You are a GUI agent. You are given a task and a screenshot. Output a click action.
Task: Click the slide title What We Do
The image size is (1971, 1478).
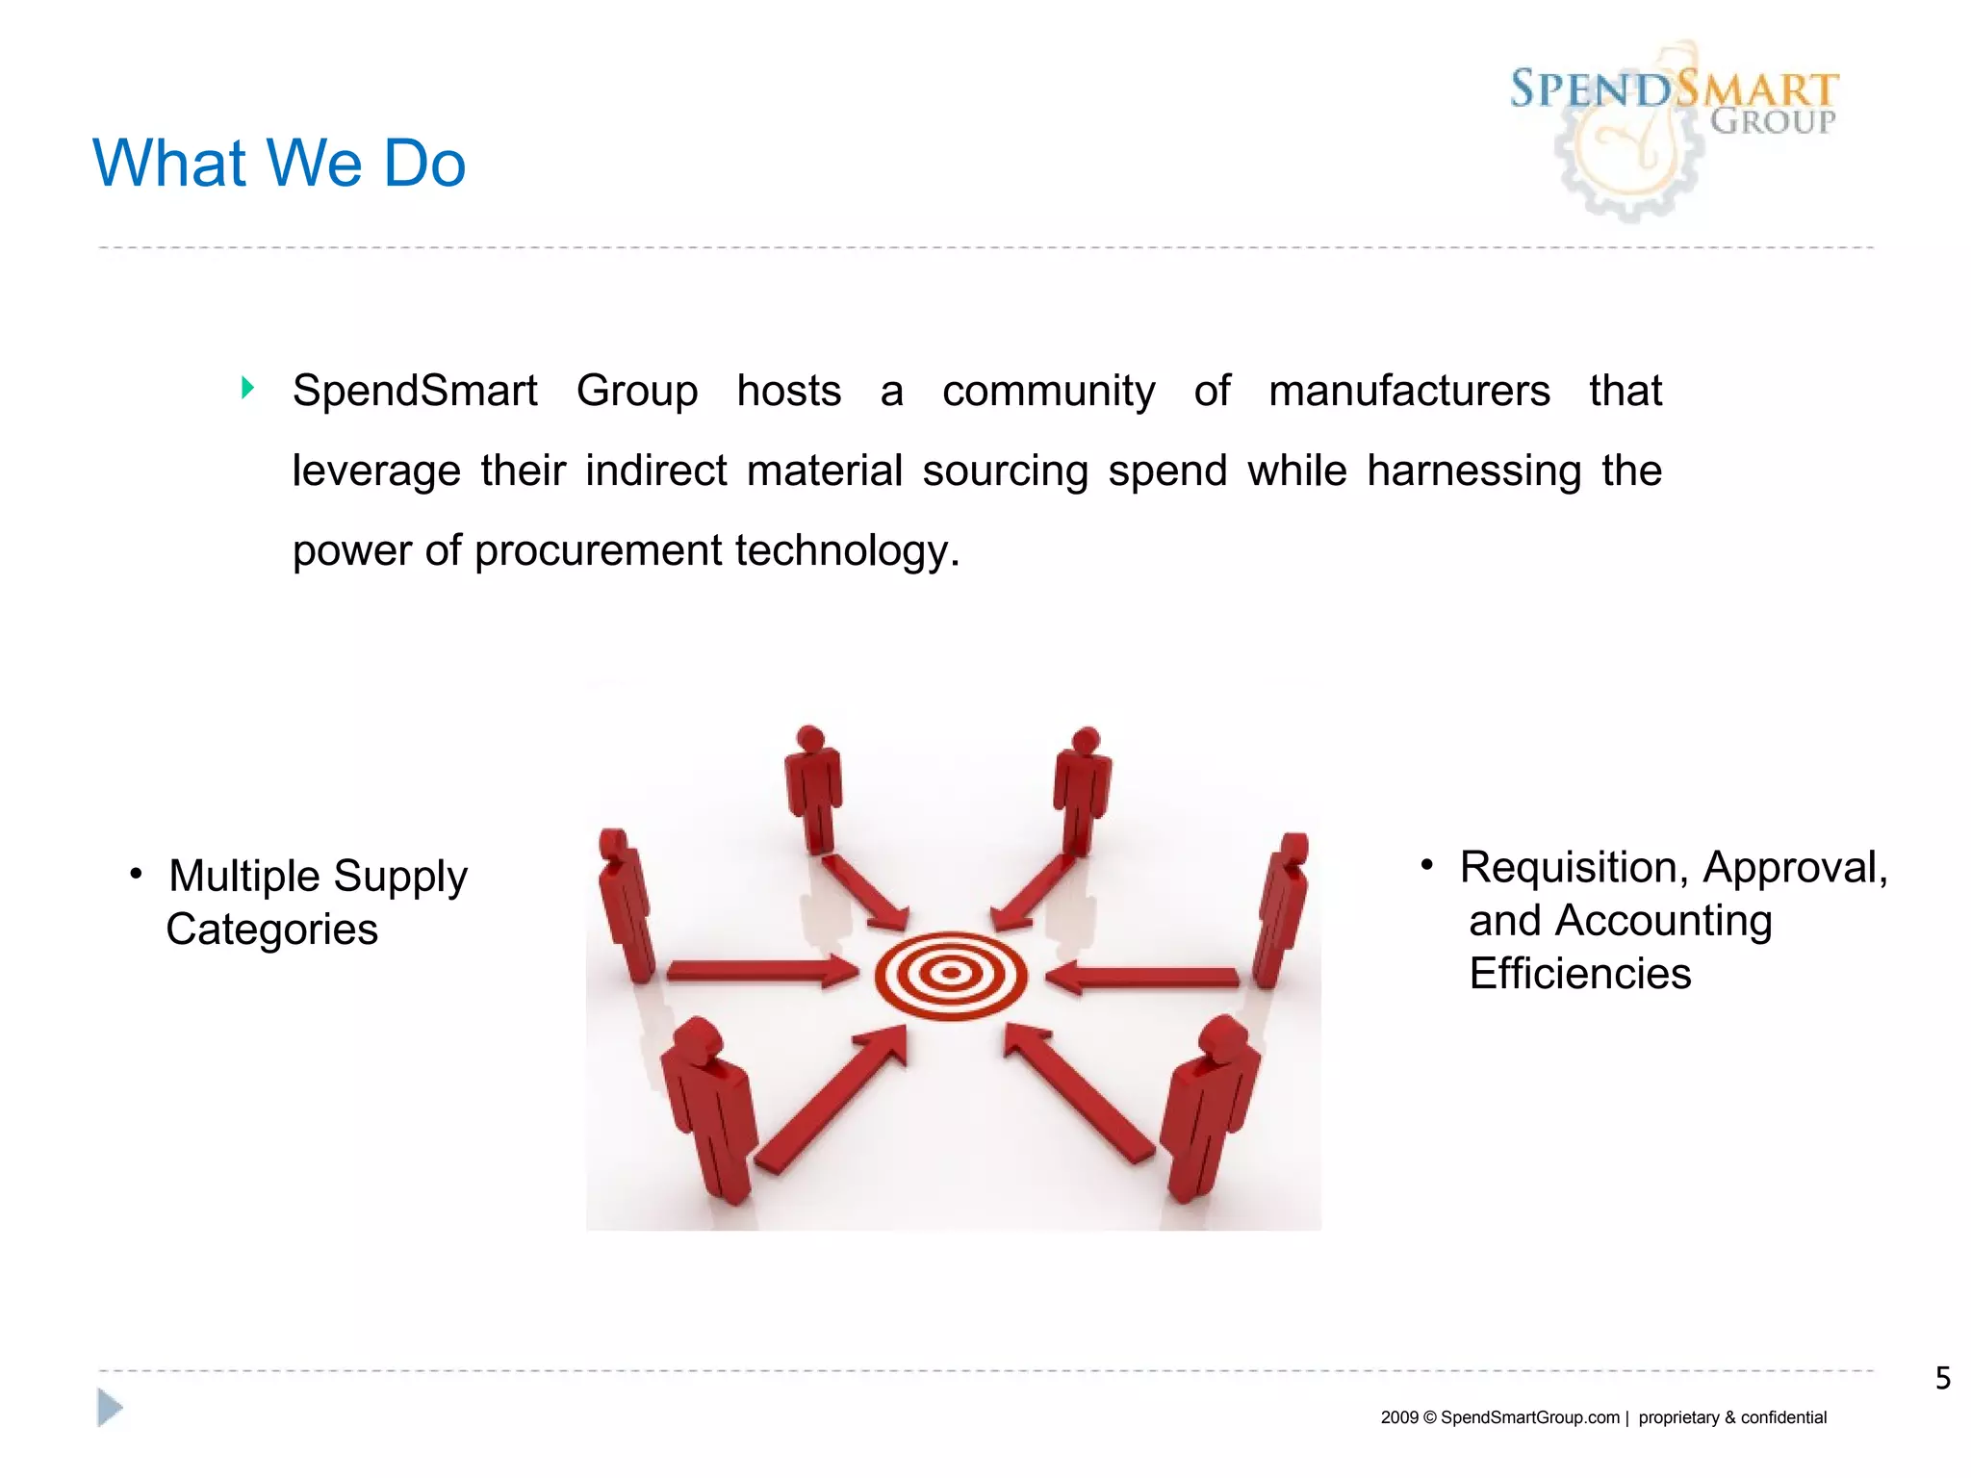pyautogui.click(x=279, y=163)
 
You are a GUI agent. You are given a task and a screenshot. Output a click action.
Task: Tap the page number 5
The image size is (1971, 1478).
pyautogui.click(x=1942, y=1378)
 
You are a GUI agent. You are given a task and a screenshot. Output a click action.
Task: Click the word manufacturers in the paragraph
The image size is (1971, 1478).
pyautogui.click(x=1409, y=392)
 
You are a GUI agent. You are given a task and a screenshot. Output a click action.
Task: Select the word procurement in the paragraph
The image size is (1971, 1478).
pyautogui.click(x=599, y=551)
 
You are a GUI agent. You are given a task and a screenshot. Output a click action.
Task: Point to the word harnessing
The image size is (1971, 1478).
pyautogui.click(x=1473, y=471)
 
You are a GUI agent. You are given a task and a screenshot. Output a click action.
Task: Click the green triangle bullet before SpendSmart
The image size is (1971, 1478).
pyautogui.click(x=247, y=388)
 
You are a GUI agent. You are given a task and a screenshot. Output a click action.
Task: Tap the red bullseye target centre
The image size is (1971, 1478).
pyautogui.click(x=951, y=974)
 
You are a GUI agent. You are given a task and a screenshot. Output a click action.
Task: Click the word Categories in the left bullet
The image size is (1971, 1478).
pyautogui.click(x=271, y=930)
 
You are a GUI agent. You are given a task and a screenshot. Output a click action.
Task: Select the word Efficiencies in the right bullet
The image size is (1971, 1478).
pyautogui.click(x=1579, y=974)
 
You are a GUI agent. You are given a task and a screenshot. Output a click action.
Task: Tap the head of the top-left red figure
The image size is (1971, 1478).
pyautogui.click(x=810, y=739)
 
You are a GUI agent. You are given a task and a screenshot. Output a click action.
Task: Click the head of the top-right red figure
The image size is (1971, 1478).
pyautogui.click(x=1086, y=741)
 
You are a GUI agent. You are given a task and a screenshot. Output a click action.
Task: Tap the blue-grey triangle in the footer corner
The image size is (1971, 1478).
pyautogui.click(x=110, y=1408)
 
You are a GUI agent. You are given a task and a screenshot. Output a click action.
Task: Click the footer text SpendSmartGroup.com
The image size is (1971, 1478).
pyautogui.click(x=1529, y=1417)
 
